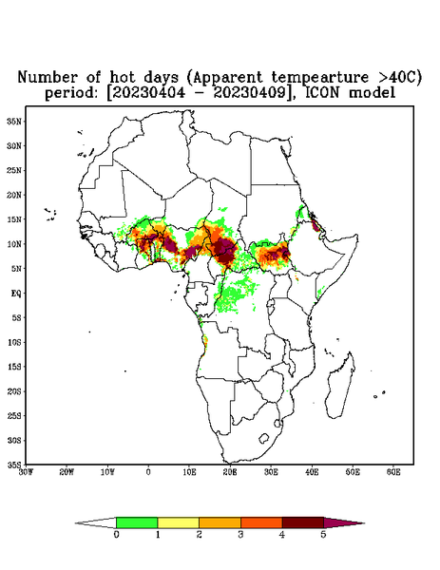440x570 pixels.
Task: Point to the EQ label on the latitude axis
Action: [x=16, y=293]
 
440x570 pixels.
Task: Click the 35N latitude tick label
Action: [x=14, y=121]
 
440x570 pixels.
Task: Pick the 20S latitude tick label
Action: [x=14, y=391]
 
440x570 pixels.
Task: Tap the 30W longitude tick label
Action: [x=26, y=472]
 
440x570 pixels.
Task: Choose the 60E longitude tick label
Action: [x=393, y=472]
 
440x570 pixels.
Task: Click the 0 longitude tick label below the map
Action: [x=148, y=472]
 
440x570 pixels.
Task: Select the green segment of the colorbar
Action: [x=137, y=522]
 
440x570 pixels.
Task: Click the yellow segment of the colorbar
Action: [x=178, y=522]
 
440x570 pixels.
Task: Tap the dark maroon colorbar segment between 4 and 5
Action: [x=303, y=522]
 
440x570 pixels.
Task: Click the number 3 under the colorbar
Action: [x=240, y=535]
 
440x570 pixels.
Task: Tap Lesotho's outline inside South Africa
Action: [x=263, y=438]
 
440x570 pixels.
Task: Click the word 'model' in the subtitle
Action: [x=372, y=92]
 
